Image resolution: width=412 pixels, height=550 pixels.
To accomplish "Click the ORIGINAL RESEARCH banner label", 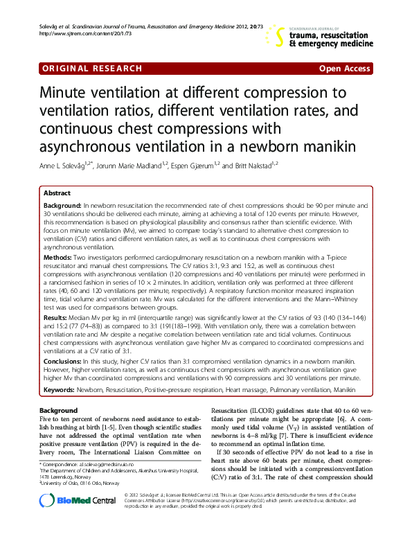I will tap(92, 68).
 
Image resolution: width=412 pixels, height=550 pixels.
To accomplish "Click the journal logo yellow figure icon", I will tap(277, 35).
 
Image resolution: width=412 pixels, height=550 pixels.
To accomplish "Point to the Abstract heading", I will tap(57, 193).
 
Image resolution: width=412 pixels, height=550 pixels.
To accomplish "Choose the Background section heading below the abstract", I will tap(59, 411).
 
